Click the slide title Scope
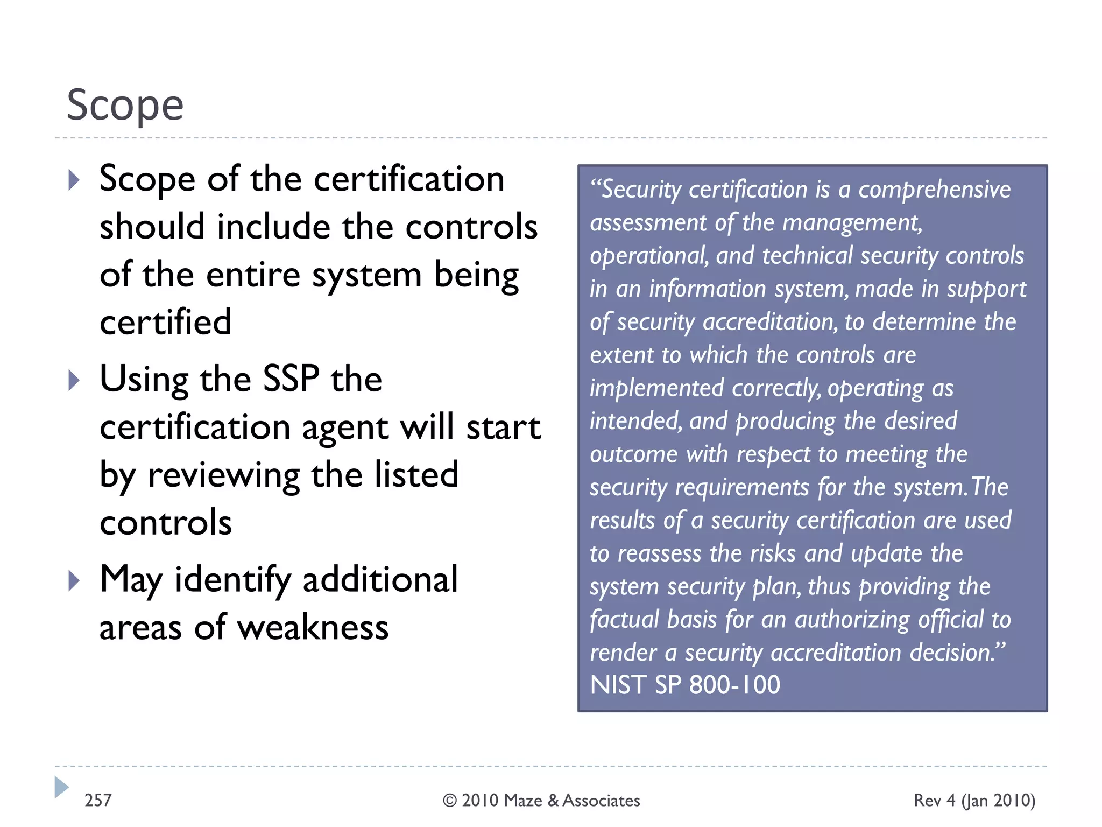(125, 105)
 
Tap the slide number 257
(98, 800)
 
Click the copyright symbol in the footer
(449, 801)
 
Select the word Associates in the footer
(601, 801)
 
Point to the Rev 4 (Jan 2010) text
(974, 801)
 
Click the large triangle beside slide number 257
(61, 787)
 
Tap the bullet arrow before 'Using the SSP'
(74, 381)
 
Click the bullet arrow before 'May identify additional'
(74, 581)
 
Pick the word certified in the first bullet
(166, 322)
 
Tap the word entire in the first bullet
(254, 275)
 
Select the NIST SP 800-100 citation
(685, 685)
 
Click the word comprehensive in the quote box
(934, 190)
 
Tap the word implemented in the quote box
(656, 388)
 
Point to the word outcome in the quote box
(633, 454)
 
